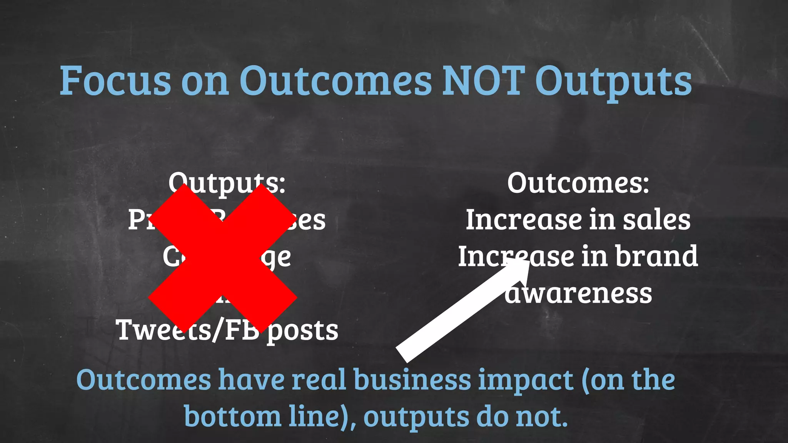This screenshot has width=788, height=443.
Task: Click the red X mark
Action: (222, 258)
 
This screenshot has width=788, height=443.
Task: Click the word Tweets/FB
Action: (188, 330)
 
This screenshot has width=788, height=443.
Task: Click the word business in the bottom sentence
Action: (412, 380)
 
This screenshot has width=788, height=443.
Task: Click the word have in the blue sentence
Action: (251, 380)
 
